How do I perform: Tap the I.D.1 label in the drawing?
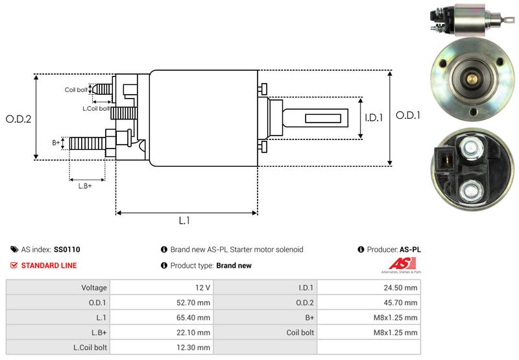pos(374,118)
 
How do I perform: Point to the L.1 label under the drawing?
pos(184,221)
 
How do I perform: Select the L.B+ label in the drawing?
pos(85,186)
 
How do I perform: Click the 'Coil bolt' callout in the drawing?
pos(76,90)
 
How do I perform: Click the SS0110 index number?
pos(67,249)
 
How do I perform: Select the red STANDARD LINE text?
pos(49,265)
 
